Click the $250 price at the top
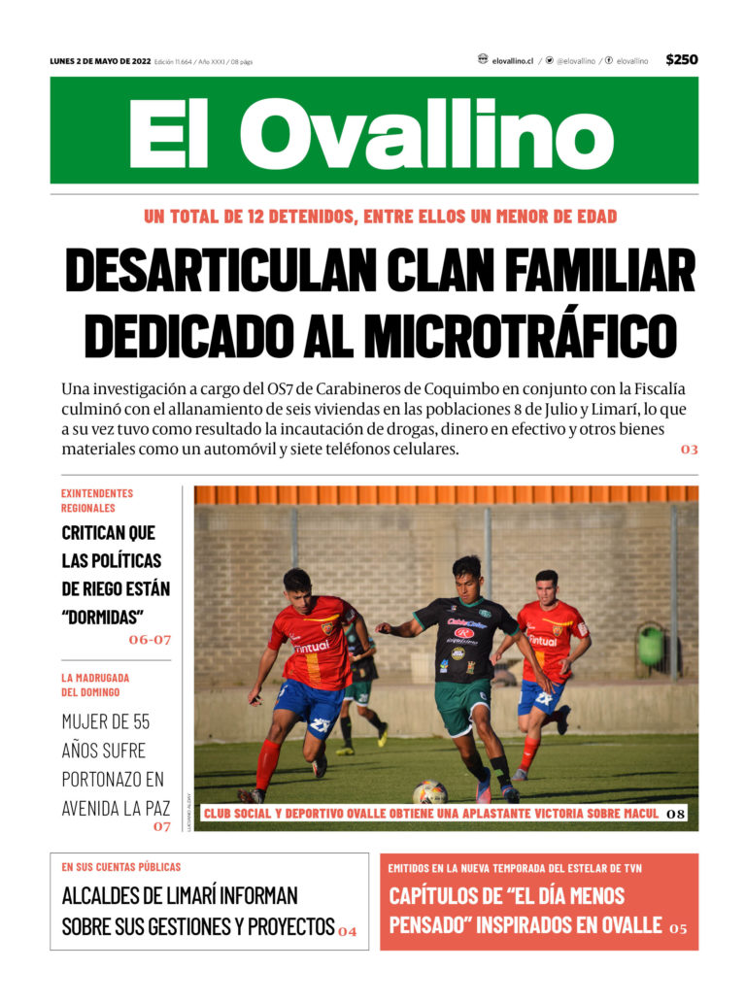[681, 60]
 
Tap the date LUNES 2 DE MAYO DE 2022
[101, 61]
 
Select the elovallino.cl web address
[512, 60]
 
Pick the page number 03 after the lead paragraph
[689, 450]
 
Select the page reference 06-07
[150, 640]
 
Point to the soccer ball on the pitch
[430, 793]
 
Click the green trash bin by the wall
[651, 645]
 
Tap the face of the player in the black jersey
[465, 573]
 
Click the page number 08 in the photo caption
[676, 813]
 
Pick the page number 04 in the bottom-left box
[348, 932]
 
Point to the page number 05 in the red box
[677, 929]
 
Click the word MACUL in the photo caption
[634, 813]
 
